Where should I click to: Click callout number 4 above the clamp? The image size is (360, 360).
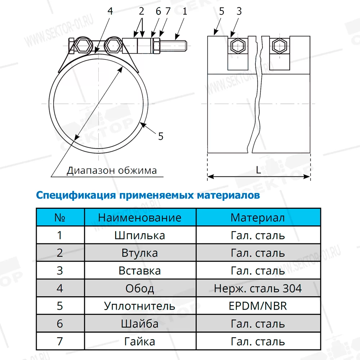click(110, 11)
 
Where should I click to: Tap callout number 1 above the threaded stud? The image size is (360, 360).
click(185, 11)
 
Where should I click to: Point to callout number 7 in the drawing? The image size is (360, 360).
click(167, 11)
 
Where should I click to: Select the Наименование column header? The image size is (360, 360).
click(140, 217)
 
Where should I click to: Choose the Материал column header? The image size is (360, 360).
click(258, 217)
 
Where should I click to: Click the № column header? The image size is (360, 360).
click(60, 217)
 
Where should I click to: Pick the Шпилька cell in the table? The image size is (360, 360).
click(140, 235)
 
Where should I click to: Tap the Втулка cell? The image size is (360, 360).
click(140, 253)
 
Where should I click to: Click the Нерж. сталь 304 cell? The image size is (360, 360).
click(258, 288)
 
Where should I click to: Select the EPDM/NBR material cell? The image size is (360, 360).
click(258, 306)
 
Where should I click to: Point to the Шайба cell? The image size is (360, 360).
click(140, 324)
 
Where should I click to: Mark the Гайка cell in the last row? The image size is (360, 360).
click(140, 341)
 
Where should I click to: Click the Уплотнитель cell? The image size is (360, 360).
click(140, 306)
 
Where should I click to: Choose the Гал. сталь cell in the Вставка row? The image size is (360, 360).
click(258, 270)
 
